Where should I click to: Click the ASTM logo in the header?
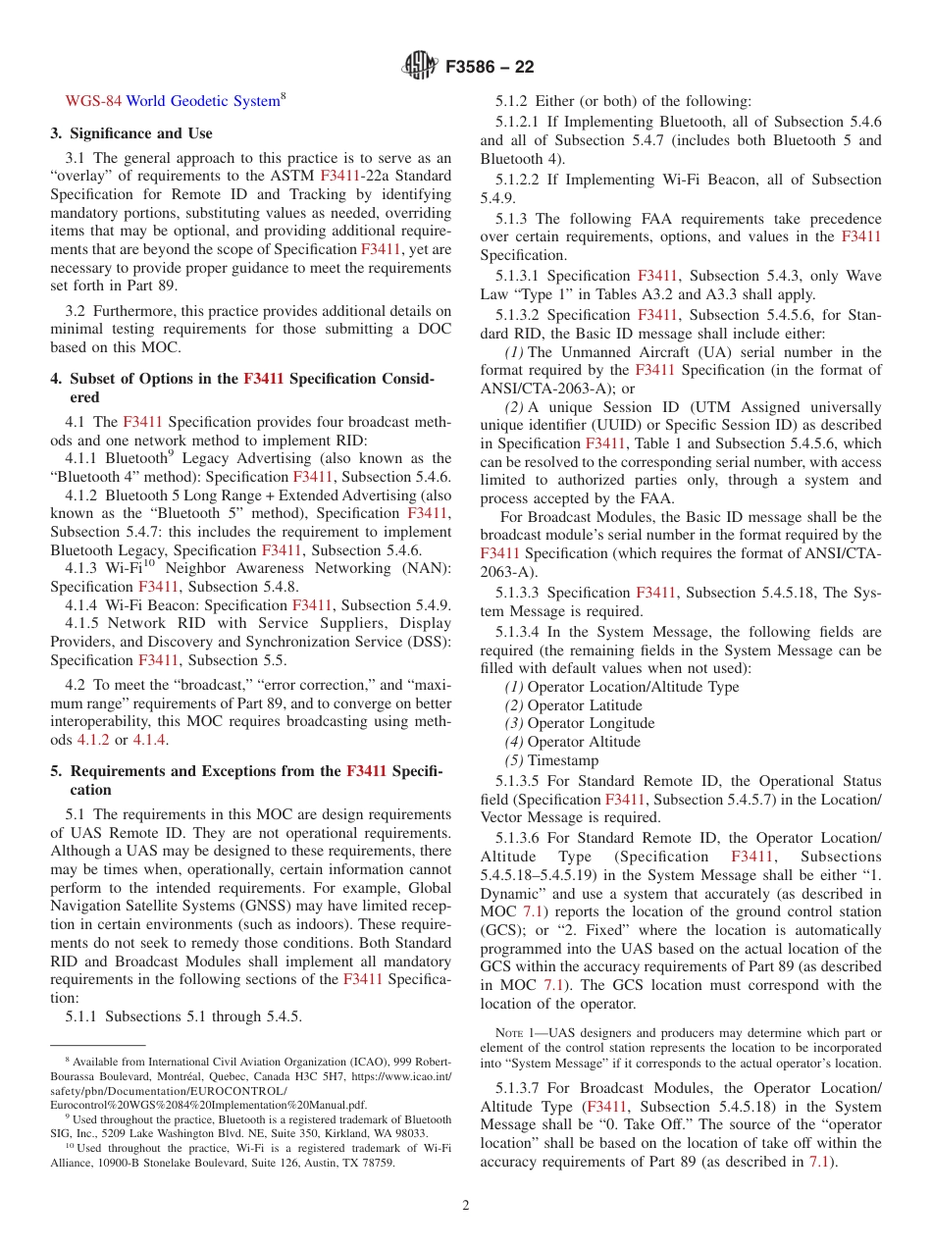[x=420, y=67]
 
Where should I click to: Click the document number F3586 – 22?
[x=490, y=68]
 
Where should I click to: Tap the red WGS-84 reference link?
[x=93, y=101]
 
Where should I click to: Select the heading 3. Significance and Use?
[x=131, y=133]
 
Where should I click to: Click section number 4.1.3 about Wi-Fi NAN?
[x=82, y=569]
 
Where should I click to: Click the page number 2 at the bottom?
[x=466, y=1206]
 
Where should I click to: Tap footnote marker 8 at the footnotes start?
[x=68, y=1060]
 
